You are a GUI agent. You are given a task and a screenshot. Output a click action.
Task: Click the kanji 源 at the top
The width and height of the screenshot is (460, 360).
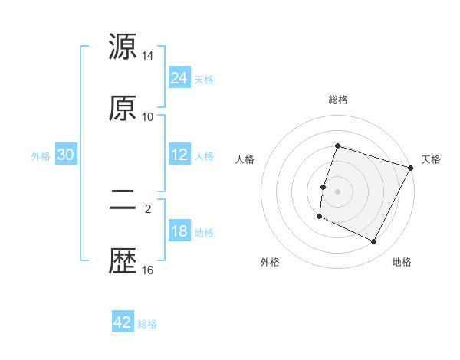point(123,47)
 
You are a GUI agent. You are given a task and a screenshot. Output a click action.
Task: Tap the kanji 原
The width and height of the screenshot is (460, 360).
point(123,108)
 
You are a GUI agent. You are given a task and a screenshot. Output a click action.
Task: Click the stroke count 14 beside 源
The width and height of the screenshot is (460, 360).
point(148,56)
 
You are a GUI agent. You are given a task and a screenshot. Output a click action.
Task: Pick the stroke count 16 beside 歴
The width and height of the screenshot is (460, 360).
point(148,270)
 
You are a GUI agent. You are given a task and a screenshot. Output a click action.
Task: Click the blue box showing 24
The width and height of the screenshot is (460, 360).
point(179,78)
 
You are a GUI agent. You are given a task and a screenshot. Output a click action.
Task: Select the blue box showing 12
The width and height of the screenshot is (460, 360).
point(179,155)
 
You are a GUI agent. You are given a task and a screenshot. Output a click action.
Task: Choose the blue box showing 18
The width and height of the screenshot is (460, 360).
point(179,231)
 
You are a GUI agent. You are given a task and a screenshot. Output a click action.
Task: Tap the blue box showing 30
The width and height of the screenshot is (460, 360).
point(66,155)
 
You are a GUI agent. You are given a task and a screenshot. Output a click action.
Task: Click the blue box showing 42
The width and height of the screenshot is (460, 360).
point(123,322)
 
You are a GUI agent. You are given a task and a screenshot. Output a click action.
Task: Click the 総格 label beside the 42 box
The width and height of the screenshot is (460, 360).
point(147,324)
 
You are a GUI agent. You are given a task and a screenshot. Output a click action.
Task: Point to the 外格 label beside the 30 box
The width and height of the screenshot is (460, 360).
point(41,156)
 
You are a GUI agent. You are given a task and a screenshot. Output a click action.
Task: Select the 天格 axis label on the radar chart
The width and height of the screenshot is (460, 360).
point(431,159)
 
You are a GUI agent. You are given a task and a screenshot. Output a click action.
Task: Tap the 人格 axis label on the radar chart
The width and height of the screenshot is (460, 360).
point(245,159)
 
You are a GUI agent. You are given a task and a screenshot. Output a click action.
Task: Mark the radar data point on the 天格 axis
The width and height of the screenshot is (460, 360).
point(411,168)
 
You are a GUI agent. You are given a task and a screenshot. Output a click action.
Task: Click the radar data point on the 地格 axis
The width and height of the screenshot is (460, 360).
point(374,242)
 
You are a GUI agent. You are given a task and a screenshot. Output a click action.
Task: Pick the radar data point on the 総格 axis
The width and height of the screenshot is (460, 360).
point(337,146)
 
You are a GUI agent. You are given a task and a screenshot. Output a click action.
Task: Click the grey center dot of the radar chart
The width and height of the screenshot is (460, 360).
point(337,191)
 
